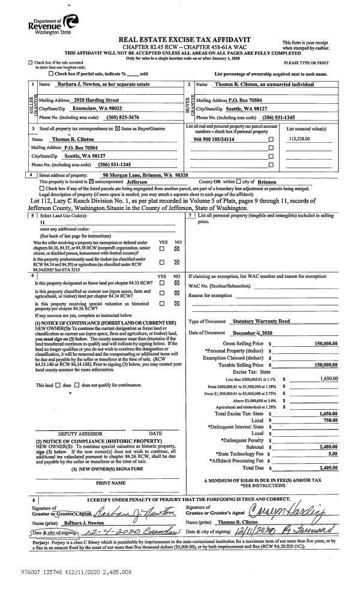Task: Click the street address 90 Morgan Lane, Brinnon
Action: click(146, 175)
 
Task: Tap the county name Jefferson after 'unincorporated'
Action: click(140, 181)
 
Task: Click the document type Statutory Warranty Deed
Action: click(262, 322)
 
